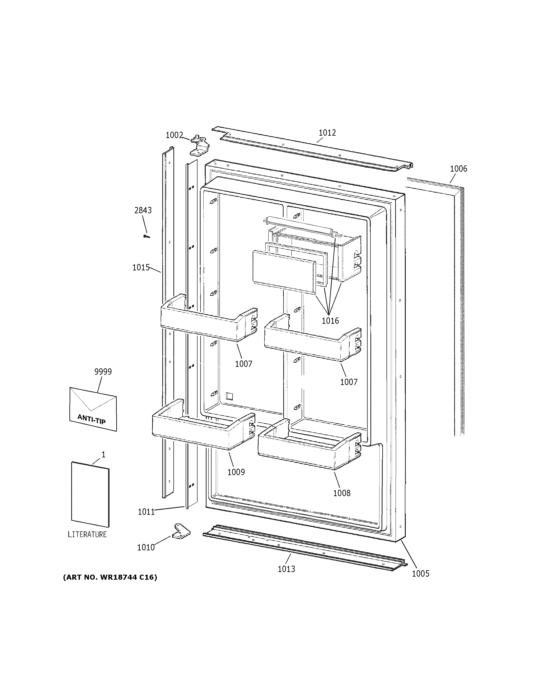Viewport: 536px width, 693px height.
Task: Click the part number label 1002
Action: coord(174,135)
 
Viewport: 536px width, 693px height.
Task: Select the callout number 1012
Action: coord(327,133)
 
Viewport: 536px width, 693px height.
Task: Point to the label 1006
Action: coord(458,169)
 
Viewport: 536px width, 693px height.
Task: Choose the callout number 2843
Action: coord(143,210)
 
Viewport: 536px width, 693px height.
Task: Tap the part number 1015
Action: coord(141,268)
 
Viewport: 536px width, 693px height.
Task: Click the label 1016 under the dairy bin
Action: coord(330,321)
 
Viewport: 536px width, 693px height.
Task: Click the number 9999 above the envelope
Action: coord(103,372)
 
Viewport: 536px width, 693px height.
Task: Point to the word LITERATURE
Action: coord(87,534)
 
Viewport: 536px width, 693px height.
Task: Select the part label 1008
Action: coord(342,493)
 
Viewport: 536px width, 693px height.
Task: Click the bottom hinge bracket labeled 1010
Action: coord(181,531)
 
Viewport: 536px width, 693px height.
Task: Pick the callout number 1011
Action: coord(146,512)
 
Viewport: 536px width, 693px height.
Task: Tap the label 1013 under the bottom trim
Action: coord(286,569)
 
